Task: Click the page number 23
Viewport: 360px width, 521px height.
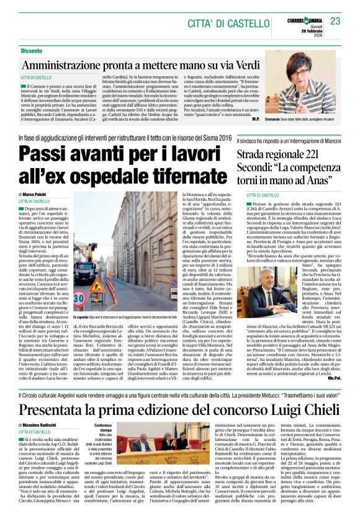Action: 335,21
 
